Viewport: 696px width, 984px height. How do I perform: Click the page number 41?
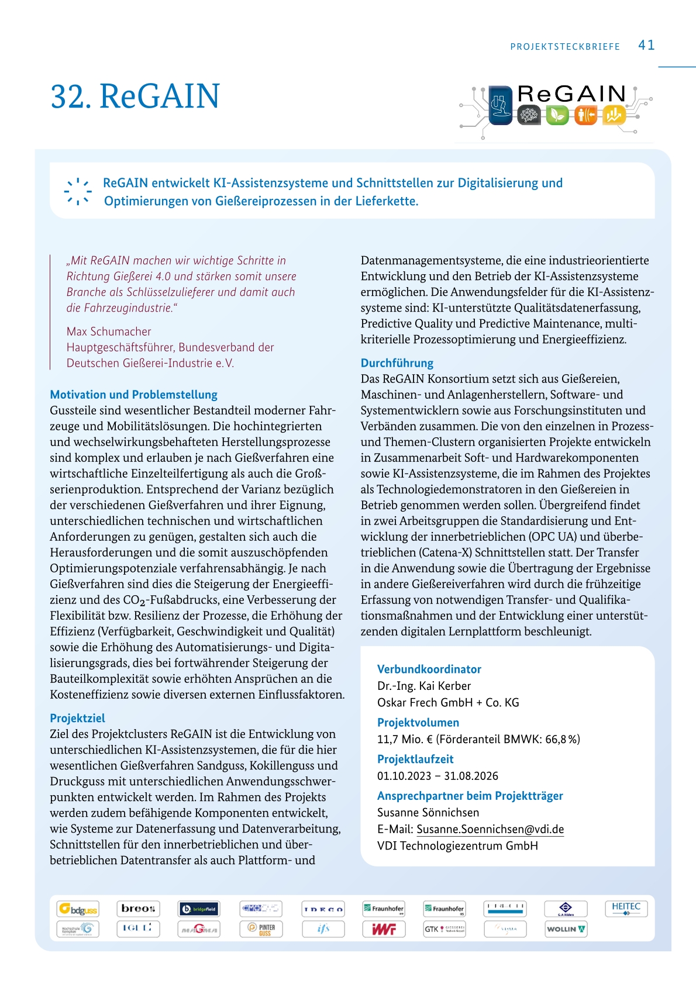pos(646,45)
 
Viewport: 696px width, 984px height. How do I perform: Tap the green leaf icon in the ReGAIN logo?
pos(557,115)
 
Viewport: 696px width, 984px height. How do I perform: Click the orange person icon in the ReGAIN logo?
pos(585,115)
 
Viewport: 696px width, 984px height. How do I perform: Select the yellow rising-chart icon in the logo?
pos(614,115)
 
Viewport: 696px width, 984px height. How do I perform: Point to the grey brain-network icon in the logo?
pos(529,115)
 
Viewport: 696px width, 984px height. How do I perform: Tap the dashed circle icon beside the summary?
pos(78,192)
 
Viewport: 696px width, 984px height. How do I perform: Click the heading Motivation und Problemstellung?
pos(133,395)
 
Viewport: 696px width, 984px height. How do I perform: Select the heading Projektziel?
pos(77,718)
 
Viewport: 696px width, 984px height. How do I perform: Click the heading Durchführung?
pos(397,363)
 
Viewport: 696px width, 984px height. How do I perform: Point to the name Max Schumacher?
pos(109,332)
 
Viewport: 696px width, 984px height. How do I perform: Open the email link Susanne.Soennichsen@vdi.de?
pos(490,829)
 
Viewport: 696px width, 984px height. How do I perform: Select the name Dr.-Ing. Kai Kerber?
pos(424,686)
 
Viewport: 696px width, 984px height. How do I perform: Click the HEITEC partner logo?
pos(626,908)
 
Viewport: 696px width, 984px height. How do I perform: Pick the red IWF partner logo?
pos(384,929)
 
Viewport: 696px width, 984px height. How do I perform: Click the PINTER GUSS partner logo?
pos(261,929)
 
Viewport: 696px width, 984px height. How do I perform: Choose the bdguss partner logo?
pos(78,909)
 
